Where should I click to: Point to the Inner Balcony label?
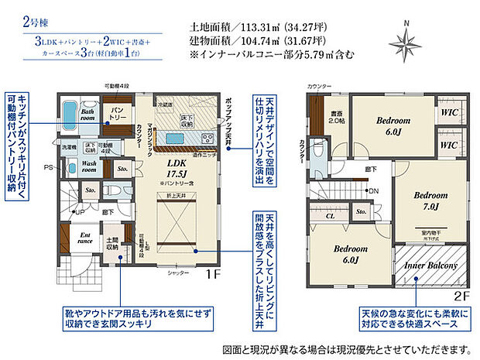coord(427,266)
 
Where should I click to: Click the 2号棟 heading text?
coord(25,21)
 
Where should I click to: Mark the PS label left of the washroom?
coord(48,166)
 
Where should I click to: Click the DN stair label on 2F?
coord(375,191)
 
